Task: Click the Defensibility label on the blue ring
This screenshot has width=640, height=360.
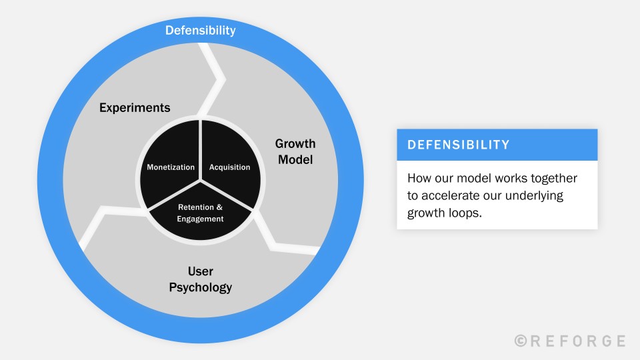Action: point(201,30)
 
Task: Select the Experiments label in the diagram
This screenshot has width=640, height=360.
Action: point(135,107)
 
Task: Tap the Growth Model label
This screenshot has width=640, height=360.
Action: point(295,151)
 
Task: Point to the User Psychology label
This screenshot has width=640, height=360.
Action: point(201,279)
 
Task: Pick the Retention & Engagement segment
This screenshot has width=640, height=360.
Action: point(201,213)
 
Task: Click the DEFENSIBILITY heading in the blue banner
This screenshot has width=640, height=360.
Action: point(459,145)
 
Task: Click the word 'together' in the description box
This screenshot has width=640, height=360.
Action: point(552,179)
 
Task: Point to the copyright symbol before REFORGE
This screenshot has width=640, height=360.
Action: point(521,341)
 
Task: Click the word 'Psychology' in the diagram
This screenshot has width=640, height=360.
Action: point(201,287)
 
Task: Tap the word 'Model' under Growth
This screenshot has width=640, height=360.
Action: point(295,160)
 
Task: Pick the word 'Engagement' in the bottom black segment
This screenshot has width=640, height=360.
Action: point(201,218)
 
